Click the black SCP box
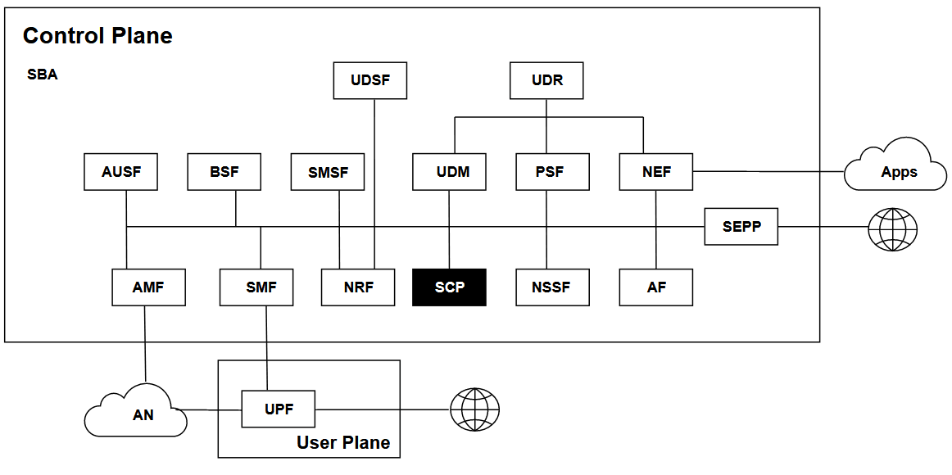click(449, 287)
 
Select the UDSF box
click(370, 81)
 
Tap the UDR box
click(546, 81)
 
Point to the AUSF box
click(121, 172)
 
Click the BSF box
click(224, 172)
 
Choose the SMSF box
click(328, 172)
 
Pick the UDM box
click(450, 172)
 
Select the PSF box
click(552, 172)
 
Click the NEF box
click(656, 172)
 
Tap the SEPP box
click(741, 226)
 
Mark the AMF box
click(148, 287)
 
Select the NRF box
click(358, 287)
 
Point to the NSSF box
click(552, 287)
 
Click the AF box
click(656, 287)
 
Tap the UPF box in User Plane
click(279, 409)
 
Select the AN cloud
click(139, 411)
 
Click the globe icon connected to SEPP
click(892, 228)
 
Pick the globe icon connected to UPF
click(474, 409)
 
